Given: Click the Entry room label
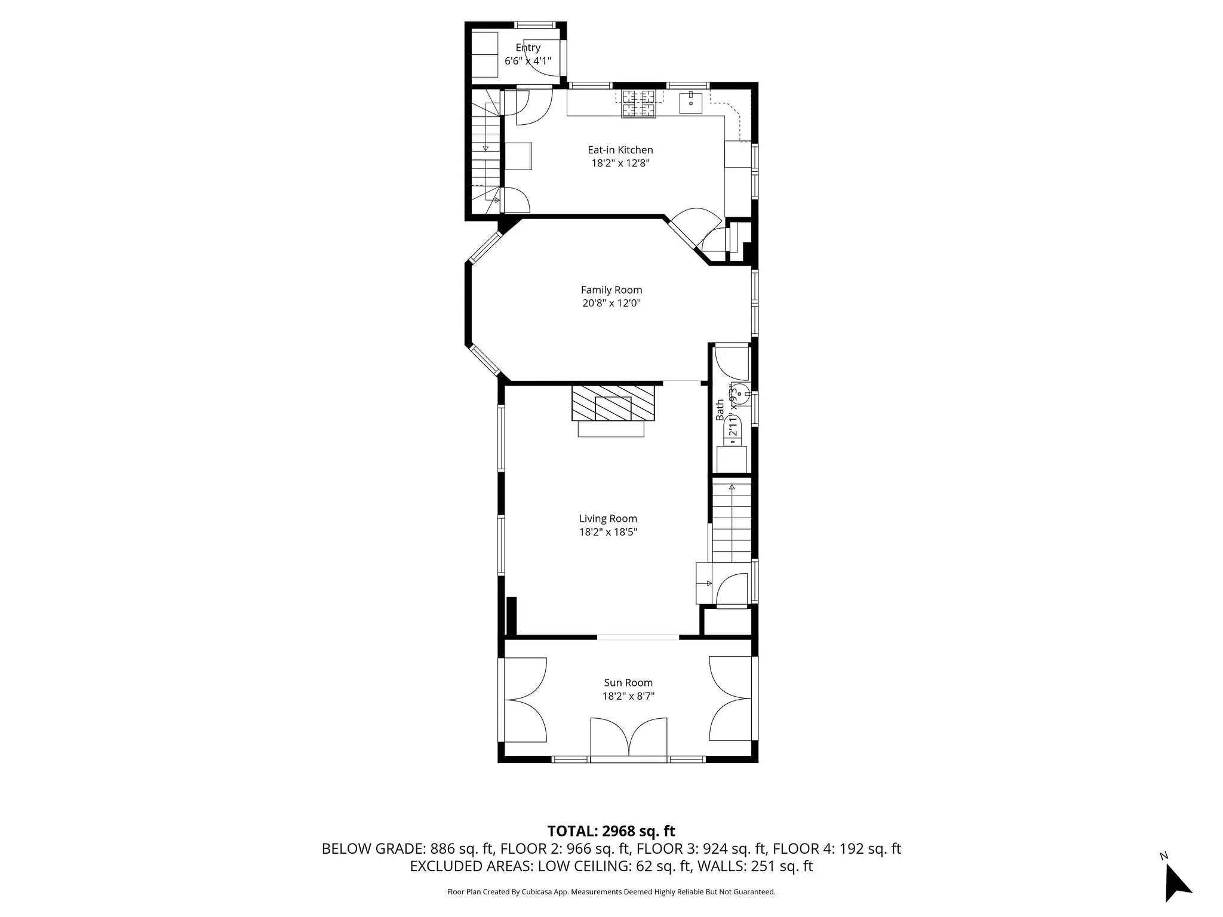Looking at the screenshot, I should pos(528,48).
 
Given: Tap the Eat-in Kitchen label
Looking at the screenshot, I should pos(620,150).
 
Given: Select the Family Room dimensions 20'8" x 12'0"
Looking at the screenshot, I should pos(611,303).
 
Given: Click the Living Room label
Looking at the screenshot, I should pos(608,519).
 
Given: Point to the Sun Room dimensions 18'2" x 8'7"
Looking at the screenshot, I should pos(628,696).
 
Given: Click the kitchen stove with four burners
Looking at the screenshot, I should pos(639,104).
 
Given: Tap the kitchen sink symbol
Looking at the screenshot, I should pos(691,102).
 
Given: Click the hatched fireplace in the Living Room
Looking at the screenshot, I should pos(613,402).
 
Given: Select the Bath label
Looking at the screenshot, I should pos(720,410).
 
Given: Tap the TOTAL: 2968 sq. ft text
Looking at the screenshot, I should pos(611,831).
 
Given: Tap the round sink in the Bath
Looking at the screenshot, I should pos(740,393).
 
